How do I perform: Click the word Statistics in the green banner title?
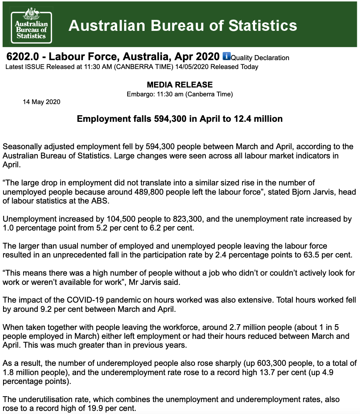[x=262, y=25]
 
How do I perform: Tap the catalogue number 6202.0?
[x=23, y=57]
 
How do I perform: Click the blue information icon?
[x=226, y=56]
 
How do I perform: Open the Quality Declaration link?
[x=260, y=58]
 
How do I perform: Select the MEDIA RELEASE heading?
[x=180, y=85]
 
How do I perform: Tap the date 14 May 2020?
[x=42, y=102]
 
